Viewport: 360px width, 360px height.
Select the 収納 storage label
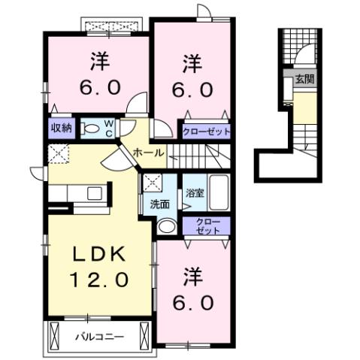[x=61, y=127]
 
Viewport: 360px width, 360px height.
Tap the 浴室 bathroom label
[x=195, y=192]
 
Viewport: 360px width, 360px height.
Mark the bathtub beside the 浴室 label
[x=217, y=193]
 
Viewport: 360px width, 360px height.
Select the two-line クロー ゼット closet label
[x=207, y=226]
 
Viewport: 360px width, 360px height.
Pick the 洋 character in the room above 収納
[x=99, y=58]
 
